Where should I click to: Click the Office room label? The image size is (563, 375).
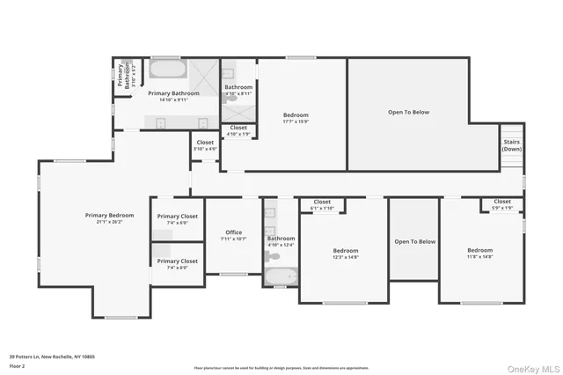click(x=233, y=232)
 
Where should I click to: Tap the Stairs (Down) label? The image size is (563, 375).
click(x=511, y=145)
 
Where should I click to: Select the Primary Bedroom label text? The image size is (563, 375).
click(x=109, y=216)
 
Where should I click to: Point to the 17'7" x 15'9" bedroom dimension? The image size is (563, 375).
click(x=296, y=122)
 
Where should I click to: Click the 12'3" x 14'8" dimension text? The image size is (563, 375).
click(x=345, y=258)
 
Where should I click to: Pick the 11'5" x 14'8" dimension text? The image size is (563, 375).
click(x=479, y=258)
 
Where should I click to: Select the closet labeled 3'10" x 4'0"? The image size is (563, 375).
click(x=205, y=149)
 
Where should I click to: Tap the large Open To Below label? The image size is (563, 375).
click(x=409, y=113)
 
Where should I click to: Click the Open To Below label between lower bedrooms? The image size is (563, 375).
click(x=414, y=242)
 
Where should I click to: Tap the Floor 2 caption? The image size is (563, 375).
click(x=18, y=365)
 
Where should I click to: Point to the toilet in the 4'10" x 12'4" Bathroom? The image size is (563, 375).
click(x=274, y=256)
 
